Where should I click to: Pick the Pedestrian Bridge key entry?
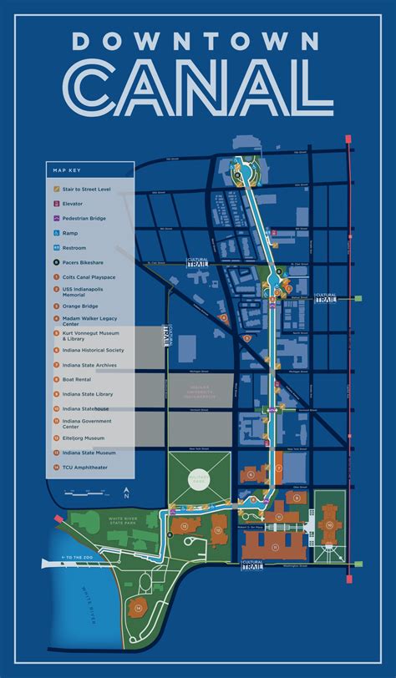pyautogui.click(x=83, y=219)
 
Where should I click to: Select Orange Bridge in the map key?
pyautogui.click(x=78, y=306)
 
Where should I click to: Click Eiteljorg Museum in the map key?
pyautogui.click(x=82, y=438)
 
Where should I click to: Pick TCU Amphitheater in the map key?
pyautogui.click(x=82, y=467)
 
